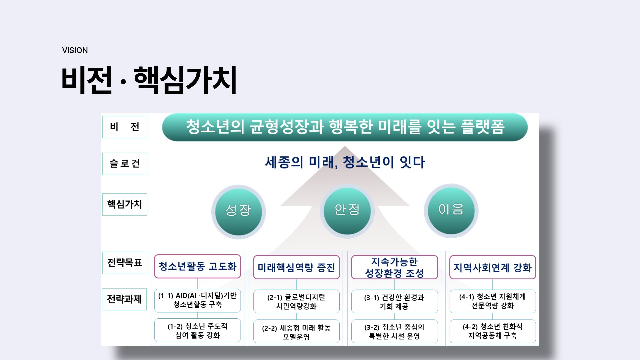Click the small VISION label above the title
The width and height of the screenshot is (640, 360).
pyautogui.click(x=75, y=50)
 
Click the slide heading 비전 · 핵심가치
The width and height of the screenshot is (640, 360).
pyautogui.click(x=149, y=80)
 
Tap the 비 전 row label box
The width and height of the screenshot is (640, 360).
pyautogui.click(x=125, y=127)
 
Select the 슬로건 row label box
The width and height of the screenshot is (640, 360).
pyautogui.click(x=125, y=164)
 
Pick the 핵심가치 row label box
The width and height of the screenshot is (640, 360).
pyautogui.click(x=125, y=204)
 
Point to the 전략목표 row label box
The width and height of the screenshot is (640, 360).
pyautogui.click(x=125, y=263)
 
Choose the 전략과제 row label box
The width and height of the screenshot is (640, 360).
pyautogui.click(x=124, y=299)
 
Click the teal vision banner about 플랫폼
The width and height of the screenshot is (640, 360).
pyautogui.click(x=345, y=127)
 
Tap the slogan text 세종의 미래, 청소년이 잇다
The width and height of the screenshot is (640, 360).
pyautogui.click(x=345, y=162)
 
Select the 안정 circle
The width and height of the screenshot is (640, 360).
pyautogui.click(x=347, y=211)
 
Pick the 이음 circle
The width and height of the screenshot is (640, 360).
pyautogui.click(x=451, y=211)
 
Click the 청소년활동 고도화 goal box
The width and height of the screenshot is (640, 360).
pyautogui.click(x=197, y=266)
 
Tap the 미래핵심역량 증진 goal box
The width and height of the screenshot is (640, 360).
pyautogui.click(x=296, y=267)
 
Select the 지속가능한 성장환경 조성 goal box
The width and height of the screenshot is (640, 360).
pyautogui.click(x=394, y=267)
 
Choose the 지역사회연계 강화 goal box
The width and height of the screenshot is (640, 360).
pyautogui.click(x=493, y=267)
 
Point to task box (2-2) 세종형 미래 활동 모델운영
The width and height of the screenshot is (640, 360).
pyautogui.click(x=296, y=332)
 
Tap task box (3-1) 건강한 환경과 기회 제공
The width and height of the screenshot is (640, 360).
pyautogui.click(x=394, y=302)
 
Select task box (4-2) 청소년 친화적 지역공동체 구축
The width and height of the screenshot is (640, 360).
pyautogui.click(x=493, y=332)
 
